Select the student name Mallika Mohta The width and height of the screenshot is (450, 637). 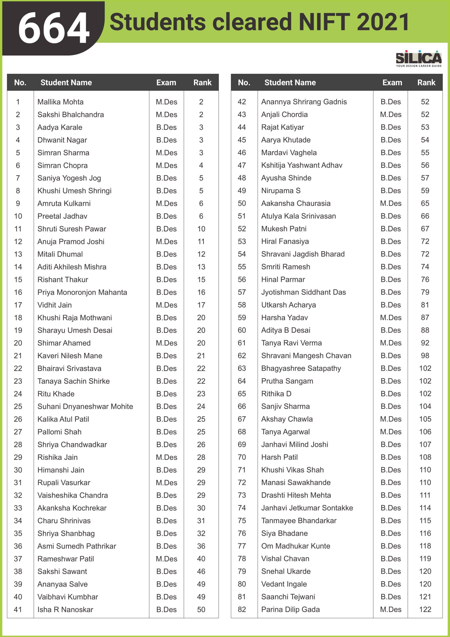60,102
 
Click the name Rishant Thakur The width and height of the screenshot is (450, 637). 63,279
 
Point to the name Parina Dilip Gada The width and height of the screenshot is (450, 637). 290,609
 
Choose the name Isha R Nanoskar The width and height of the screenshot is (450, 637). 65,610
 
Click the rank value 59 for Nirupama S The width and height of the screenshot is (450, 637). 425,191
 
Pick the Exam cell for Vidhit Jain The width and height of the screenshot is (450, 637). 166,305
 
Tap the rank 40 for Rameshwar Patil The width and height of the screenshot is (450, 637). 201,559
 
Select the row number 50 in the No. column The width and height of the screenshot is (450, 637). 242,203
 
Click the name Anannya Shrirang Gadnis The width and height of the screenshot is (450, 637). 304,102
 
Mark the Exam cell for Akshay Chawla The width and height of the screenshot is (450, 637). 390,419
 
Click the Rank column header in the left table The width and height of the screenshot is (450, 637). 202,82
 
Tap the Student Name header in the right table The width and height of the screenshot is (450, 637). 290,82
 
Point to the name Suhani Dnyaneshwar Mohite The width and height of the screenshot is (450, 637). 85,406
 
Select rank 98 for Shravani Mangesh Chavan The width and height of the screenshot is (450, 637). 425,355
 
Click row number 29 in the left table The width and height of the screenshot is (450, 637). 18,457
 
